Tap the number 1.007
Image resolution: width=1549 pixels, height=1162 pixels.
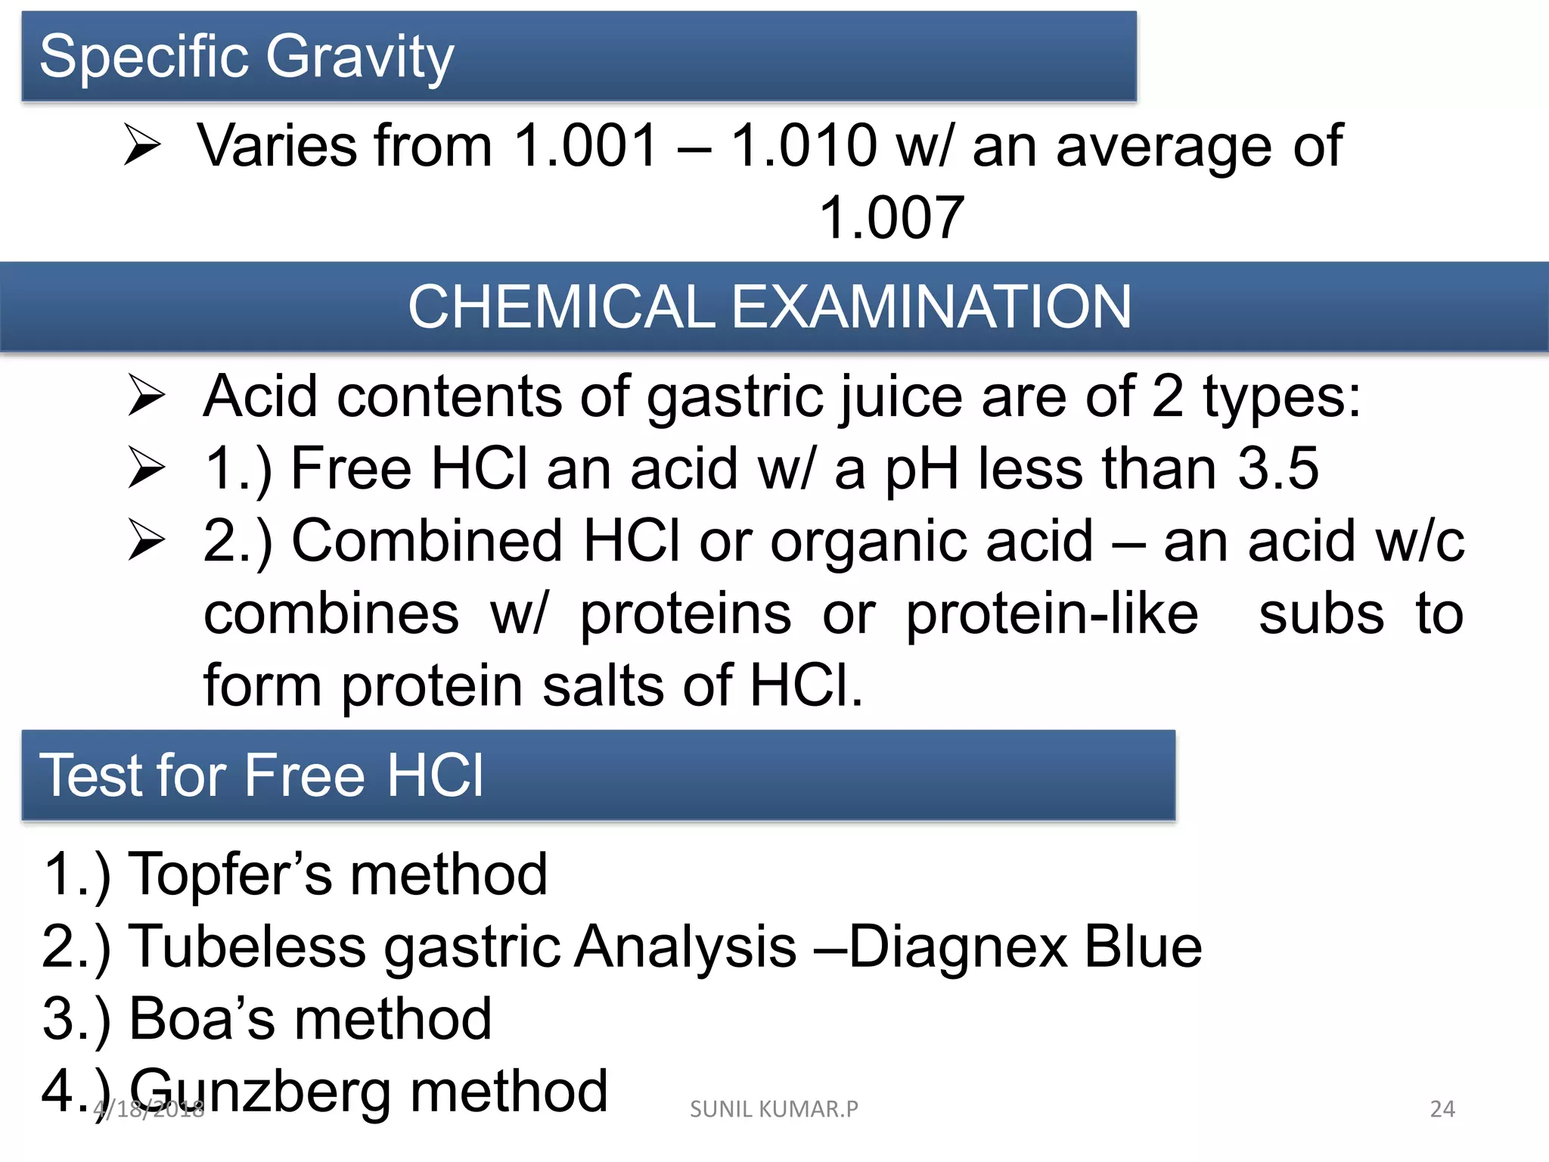892,218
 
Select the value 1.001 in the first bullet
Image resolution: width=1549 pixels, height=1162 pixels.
585,145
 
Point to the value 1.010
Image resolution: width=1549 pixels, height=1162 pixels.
804,145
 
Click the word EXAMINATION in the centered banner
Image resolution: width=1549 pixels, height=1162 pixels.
931,307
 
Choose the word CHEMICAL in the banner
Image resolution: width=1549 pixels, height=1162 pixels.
561,307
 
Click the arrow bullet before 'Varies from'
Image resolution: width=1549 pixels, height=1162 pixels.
142,145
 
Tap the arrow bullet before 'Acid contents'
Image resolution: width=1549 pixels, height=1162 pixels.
146,396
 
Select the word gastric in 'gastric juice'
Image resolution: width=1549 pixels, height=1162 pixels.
734,397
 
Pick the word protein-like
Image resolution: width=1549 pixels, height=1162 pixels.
1052,614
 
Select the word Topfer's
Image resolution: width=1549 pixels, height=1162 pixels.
230,875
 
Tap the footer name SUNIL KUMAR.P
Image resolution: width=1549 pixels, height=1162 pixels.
774,1109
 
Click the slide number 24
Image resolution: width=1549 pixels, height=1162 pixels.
1442,1109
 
